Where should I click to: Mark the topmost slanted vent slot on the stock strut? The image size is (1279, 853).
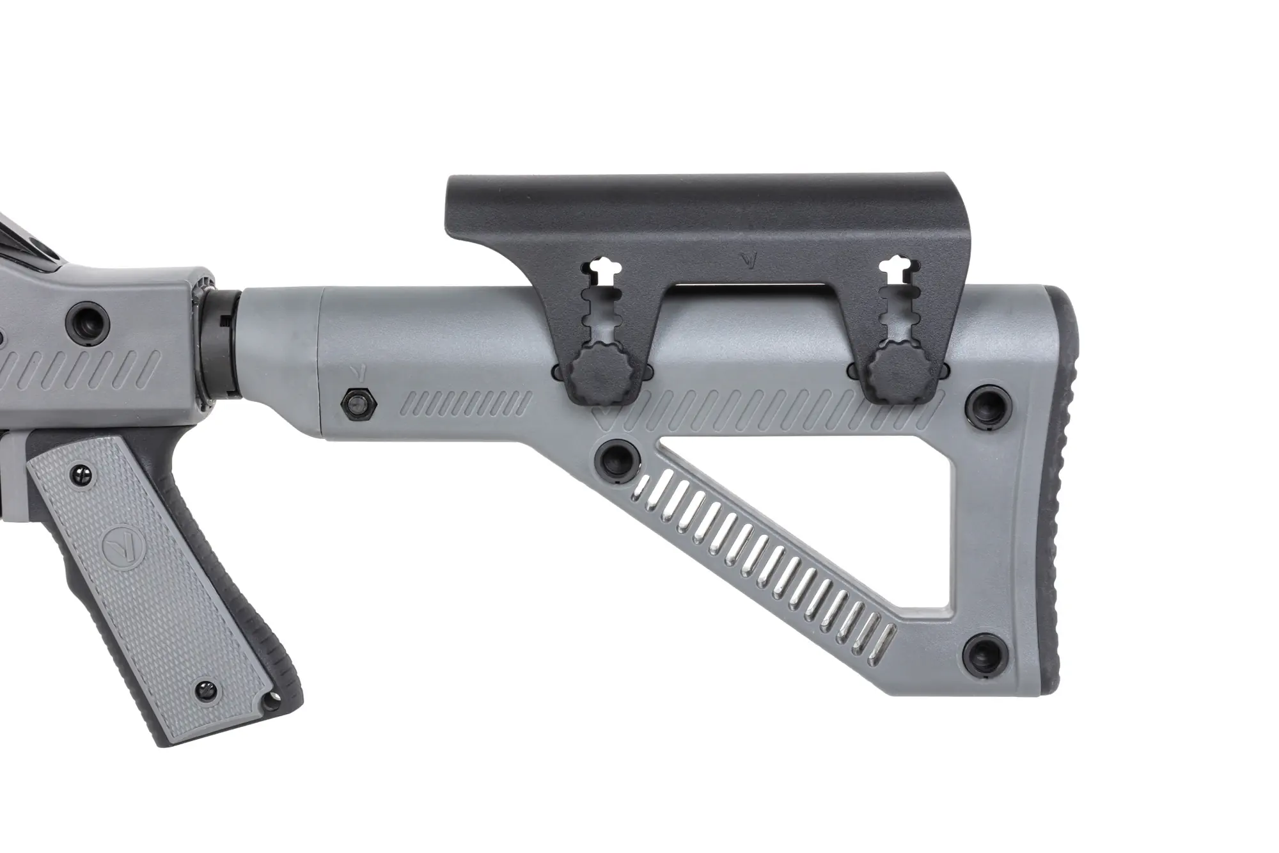point(652,492)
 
